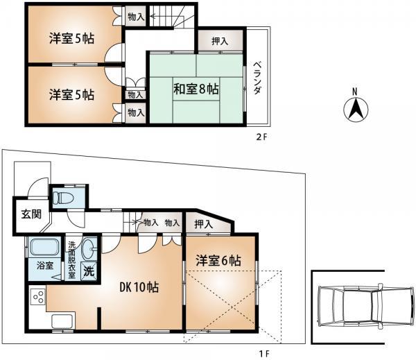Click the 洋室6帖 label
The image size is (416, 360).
tap(218, 261)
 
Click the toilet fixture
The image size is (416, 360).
tap(65, 198)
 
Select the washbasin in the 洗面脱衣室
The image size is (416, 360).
tap(89, 248)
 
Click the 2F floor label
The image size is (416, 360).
tap(261, 137)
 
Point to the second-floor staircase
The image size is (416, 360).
tap(168, 15)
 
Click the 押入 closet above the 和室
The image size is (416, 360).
tap(219, 42)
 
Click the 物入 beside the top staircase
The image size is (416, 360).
tap(136, 15)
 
